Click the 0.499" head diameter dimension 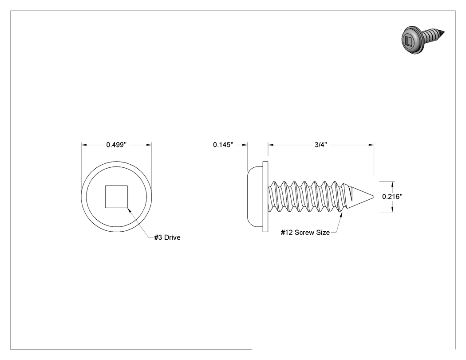click(116, 145)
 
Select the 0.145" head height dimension click(223, 145)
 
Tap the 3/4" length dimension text click(321, 145)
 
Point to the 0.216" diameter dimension click(392, 197)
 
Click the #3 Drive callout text click(167, 237)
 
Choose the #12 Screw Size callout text click(305, 233)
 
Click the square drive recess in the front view click(116, 197)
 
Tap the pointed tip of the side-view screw click(374, 197)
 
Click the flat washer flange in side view click(265, 197)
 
